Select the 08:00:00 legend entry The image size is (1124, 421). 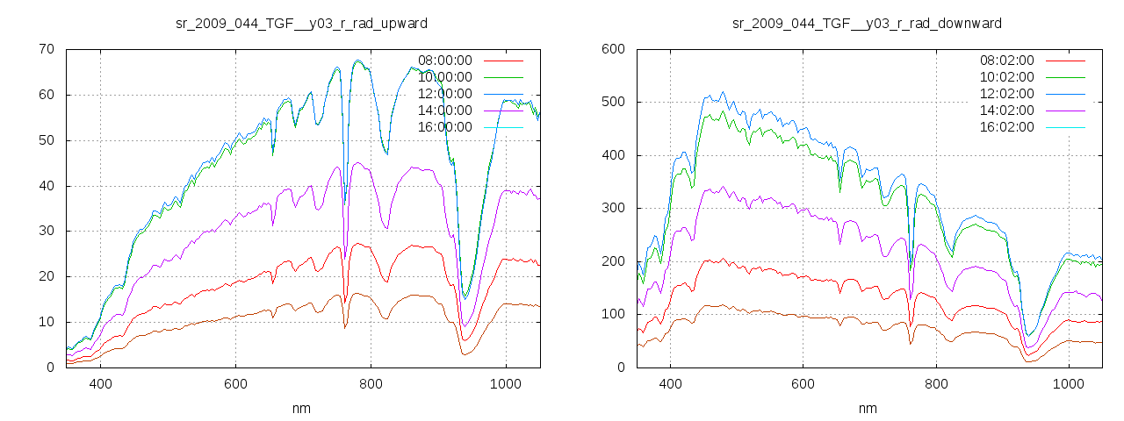click(444, 61)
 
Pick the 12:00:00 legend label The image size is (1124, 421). click(444, 94)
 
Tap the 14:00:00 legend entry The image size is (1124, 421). click(444, 111)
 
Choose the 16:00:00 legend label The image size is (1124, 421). click(444, 127)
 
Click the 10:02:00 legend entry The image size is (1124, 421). click(1006, 77)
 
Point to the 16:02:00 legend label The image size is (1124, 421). click(1006, 127)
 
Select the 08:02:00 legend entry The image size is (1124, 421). click(1006, 61)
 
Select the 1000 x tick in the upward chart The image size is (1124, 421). click(505, 384)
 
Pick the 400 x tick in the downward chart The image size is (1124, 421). click(670, 384)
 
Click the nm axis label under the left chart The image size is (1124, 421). click(302, 409)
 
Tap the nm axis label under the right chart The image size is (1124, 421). click(867, 409)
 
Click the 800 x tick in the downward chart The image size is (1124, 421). click(936, 384)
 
